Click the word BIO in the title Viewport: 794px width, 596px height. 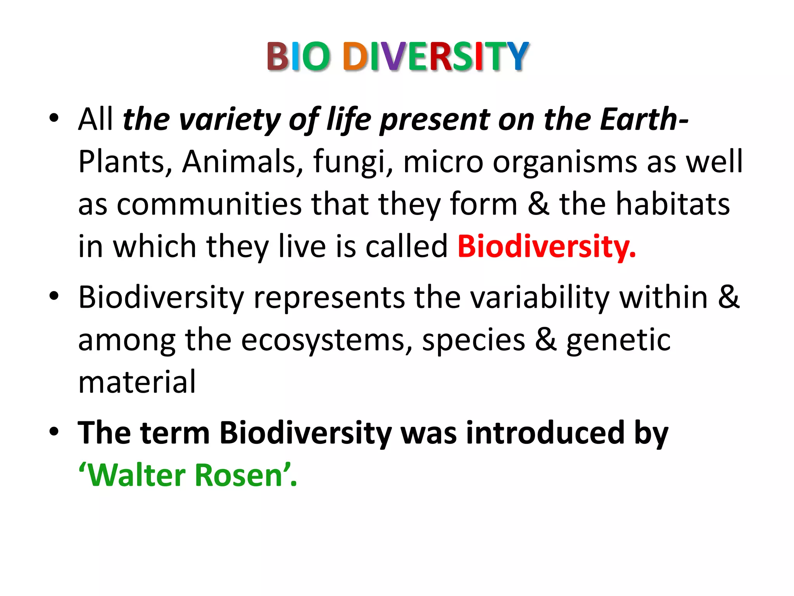point(299,57)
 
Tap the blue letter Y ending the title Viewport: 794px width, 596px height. point(515,57)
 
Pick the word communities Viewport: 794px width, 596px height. point(209,204)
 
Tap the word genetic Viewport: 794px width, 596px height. point(618,341)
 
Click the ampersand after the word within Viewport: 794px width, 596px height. point(728,297)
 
